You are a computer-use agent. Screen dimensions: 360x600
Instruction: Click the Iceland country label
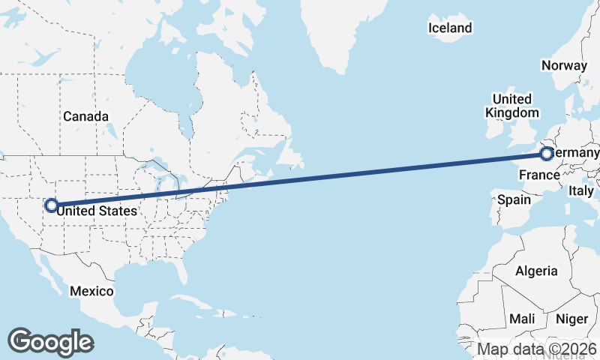coord(450,28)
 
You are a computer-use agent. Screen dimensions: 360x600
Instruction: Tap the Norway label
coord(563,65)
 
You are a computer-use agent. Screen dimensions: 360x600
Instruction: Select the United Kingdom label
coord(512,106)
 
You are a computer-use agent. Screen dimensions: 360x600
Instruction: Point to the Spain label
coord(514,200)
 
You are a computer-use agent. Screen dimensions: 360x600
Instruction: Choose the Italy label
coord(580,191)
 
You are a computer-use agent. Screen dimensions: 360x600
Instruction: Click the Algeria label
coord(536,271)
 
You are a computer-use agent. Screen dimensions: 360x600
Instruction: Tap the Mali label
coord(522,319)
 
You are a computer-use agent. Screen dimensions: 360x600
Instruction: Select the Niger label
coord(571,319)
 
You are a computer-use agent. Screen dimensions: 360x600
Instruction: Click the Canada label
coord(85,116)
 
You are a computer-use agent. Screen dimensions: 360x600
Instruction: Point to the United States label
coord(97,211)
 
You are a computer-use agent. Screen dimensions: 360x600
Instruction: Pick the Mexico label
coord(91,291)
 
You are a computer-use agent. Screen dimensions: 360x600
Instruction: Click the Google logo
coord(50,341)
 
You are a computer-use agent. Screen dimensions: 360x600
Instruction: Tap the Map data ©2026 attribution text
coord(536,349)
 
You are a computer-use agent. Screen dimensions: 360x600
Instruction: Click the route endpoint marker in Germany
coord(547,154)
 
